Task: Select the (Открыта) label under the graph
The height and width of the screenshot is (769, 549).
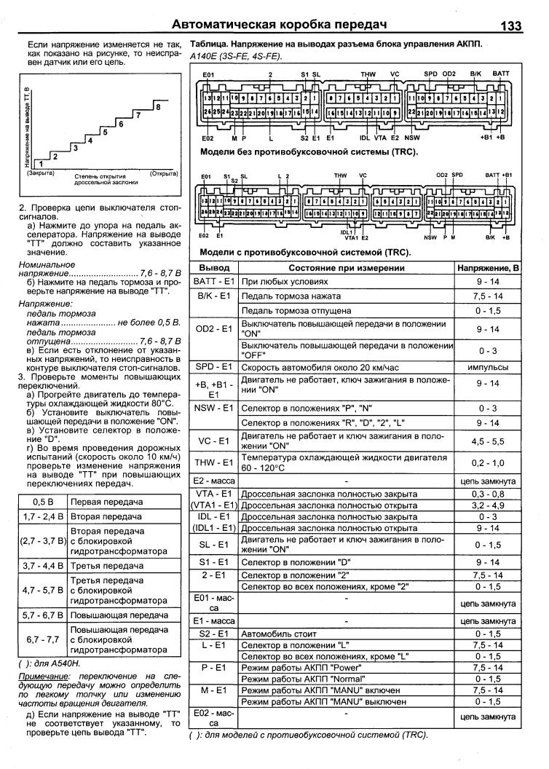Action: (x=163, y=174)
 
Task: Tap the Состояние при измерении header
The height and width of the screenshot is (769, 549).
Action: (x=347, y=269)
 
